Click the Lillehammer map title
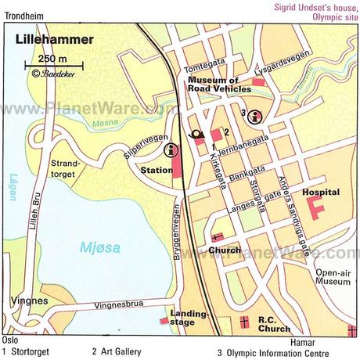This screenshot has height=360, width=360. coord(52,39)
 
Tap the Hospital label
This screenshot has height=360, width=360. coord(319,189)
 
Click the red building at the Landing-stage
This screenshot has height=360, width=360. coord(164,320)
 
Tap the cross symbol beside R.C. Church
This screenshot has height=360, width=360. coord(244,321)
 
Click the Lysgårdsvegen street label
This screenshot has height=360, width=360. coord(276,67)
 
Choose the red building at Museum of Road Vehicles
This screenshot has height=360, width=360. coord(259,81)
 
